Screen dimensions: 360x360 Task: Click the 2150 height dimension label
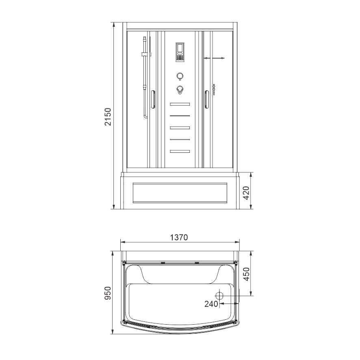click(x=108, y=117)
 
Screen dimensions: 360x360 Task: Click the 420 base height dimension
click(x=246, y=193)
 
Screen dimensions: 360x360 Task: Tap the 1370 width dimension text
click(x=179, y=237)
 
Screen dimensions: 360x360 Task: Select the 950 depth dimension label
click(x=108, y=293)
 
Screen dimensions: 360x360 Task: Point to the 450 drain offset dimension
click(x=246, y=274)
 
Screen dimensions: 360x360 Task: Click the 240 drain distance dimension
click(x=211, y=304)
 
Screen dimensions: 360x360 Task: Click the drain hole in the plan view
click(x=219, y=295)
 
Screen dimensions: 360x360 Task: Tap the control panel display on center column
click(x=180, y=52)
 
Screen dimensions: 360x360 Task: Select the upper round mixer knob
click(x=180, y=76)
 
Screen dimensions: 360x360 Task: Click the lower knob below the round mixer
click(x=180, y=90)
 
